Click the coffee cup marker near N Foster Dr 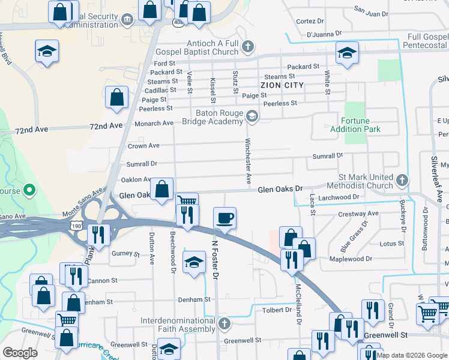click(225, 217)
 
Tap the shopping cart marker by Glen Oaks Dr click(187, 201)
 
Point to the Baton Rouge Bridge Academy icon click(252, 116)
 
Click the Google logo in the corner click(20, 352)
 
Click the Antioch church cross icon click(247, 47)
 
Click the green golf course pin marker click(28, 192)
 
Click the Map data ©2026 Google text click(412, 355)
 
